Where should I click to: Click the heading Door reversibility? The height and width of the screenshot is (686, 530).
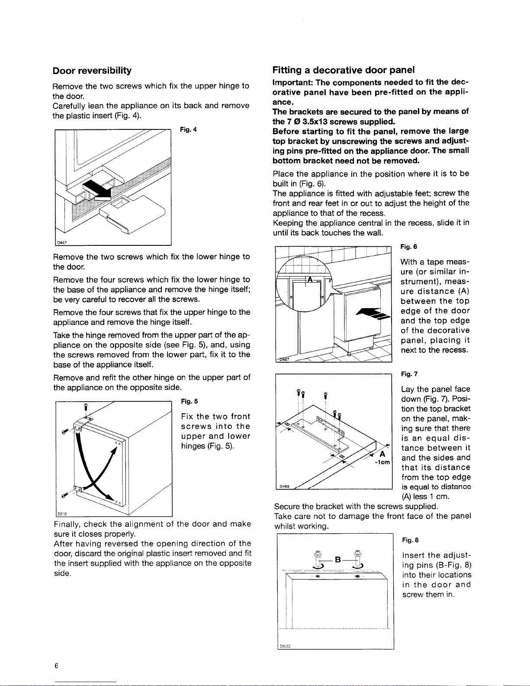pos(92,71)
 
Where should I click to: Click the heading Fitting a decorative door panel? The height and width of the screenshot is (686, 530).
pos(344,70)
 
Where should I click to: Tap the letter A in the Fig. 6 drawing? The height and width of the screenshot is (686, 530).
pos(309,280)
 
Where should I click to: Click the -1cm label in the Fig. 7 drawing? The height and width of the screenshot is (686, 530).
pos(382,461)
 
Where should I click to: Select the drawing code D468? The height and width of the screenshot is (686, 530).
pos(284,486)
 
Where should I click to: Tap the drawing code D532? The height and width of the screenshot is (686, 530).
pos(285,646)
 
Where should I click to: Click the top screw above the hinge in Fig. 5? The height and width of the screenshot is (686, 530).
pos(86,407)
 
